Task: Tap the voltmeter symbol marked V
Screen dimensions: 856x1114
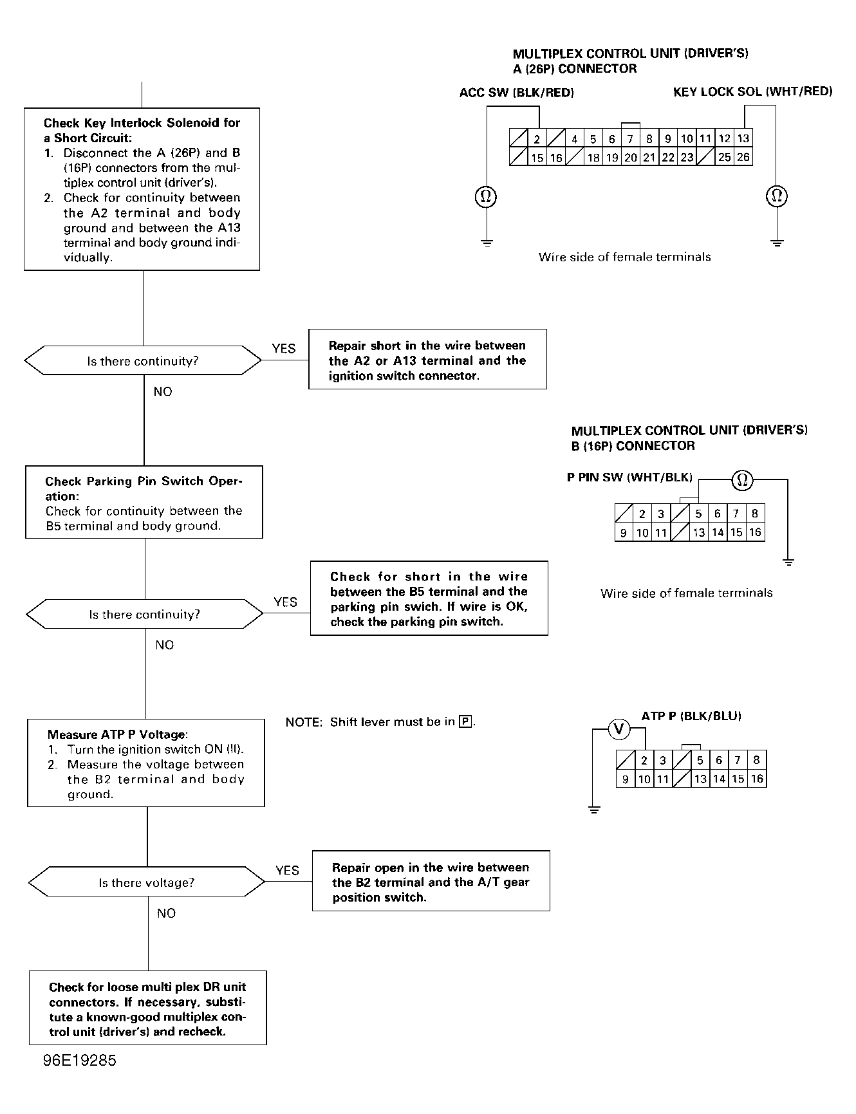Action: click(619, 729)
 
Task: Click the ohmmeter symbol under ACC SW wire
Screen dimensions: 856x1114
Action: click(487, 196)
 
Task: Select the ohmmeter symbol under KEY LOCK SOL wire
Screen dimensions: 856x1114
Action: click(777, 196)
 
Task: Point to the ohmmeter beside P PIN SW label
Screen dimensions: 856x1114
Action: click(742, 479)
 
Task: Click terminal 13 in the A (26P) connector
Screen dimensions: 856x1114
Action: click(743, 138)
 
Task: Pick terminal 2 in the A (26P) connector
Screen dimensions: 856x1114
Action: click(537, 139)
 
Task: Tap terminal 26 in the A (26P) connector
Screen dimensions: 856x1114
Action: click(743, 157)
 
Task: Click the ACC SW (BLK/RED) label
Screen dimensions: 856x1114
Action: click(517, 93)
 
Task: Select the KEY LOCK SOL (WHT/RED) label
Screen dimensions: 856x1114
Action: click(753, 91)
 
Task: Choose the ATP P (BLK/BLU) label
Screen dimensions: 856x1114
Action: click(691, 716)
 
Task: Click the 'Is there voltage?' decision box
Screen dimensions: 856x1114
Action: click(147, 882)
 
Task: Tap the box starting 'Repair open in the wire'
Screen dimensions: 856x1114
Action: click(431, 881)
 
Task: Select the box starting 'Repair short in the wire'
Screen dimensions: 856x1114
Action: click(427, 359)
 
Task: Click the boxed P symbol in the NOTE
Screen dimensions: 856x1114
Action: click(465, 721)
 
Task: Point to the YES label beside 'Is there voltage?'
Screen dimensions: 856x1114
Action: click(287, 870)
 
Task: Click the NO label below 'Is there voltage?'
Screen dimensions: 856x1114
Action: click(166, 913)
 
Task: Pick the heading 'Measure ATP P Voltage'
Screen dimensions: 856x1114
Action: click(117, 734)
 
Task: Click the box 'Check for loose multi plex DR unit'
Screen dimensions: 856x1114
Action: click(148, 1008)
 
